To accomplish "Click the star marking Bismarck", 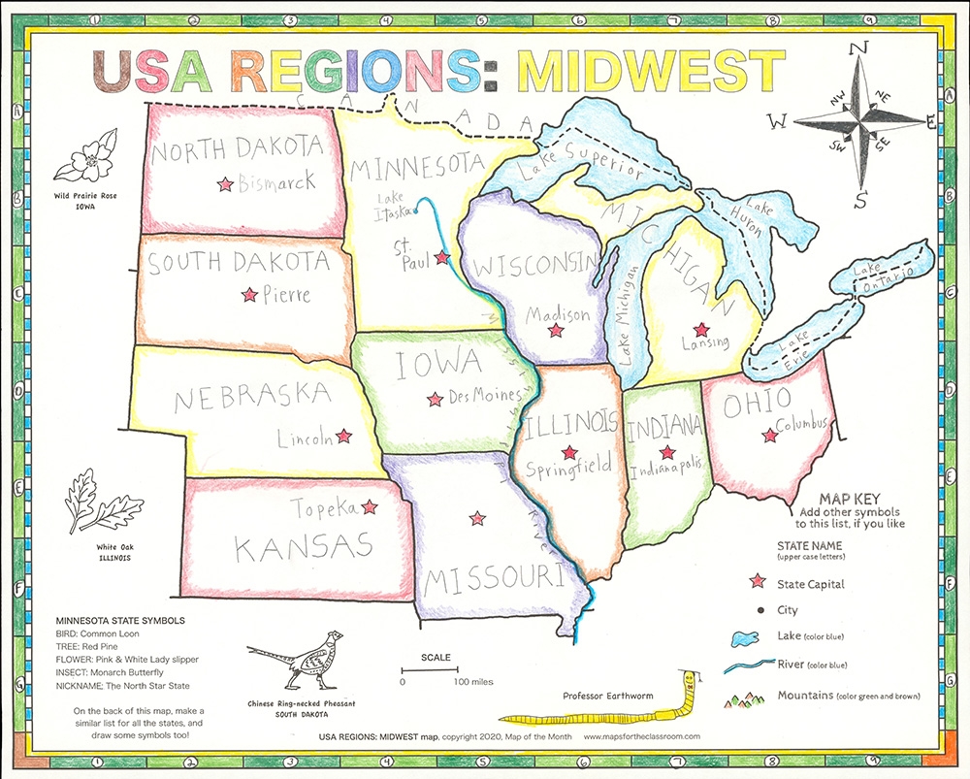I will click(x=225, y=182).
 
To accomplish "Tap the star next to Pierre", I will click(x=249, y=294).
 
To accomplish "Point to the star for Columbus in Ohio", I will click(x=770, y=436).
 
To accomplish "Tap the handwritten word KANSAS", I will click(x=305, y=546).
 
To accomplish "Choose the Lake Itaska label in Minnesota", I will click(x=392, y=206).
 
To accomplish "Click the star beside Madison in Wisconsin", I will click(x=556, y=331).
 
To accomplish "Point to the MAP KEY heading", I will click(x=851, y=496).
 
